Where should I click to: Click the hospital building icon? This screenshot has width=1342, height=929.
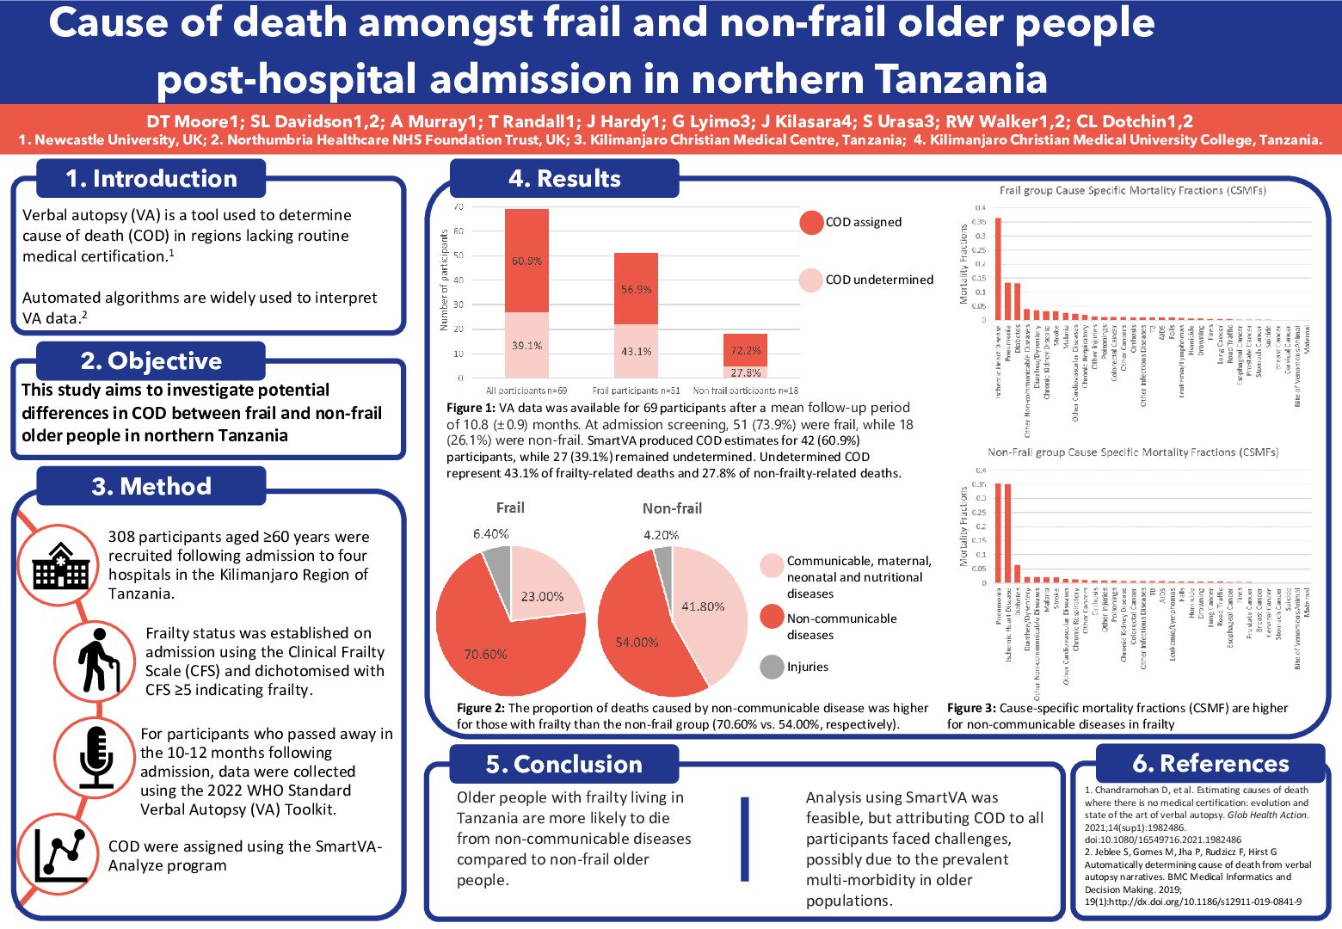click(x=60, y=565)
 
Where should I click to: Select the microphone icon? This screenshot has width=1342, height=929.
click(x=95, y=756)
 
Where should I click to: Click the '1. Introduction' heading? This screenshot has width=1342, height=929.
click(x=151, y=179)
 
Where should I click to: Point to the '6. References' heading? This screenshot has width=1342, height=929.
click(x=1210, y=763)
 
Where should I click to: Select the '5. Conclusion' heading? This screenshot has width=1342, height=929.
click(x=563, y=764)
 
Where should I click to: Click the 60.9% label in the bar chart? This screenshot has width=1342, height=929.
click(x=526, y=261)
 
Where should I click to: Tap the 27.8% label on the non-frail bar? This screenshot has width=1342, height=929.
click(x=745, y=372)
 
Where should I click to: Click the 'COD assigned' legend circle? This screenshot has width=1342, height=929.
click(x=811, y=222)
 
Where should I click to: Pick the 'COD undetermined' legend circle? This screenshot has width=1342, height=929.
click(x=811, y=280)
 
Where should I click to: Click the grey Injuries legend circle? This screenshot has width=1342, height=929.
click(x=773, y=667)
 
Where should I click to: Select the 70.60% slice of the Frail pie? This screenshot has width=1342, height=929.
click(x=490, y=645)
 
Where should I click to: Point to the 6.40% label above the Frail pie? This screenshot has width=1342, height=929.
click(x=490, y=534)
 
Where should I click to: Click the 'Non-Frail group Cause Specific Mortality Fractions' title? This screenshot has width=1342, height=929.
click(x=1133, y=452)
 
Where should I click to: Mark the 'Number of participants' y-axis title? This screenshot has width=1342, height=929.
click(x=444, y=280)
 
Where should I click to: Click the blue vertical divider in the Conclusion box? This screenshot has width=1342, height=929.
click(x=744, y=839)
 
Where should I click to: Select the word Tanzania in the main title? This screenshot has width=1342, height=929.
click(x=961, y=80)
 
